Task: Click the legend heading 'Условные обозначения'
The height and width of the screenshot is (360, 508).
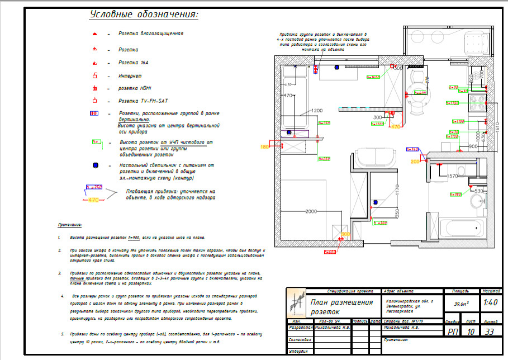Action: pos(145,15)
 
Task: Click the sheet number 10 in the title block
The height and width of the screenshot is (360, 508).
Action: pos(472,331)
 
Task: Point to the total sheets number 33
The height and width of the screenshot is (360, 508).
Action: pos(491,331)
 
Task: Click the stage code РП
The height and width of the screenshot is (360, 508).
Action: pos(453,331)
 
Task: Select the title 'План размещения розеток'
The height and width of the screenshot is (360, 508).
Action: pos(341,306)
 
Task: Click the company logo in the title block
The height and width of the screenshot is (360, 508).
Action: pos(296,305)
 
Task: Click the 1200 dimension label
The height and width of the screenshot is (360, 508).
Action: pos(318,110)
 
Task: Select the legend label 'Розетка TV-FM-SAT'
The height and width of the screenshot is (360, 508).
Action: pos(143,101)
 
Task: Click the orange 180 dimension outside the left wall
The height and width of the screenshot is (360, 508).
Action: pos(264,146)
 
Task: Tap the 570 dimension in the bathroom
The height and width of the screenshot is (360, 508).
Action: pos(453,176)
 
